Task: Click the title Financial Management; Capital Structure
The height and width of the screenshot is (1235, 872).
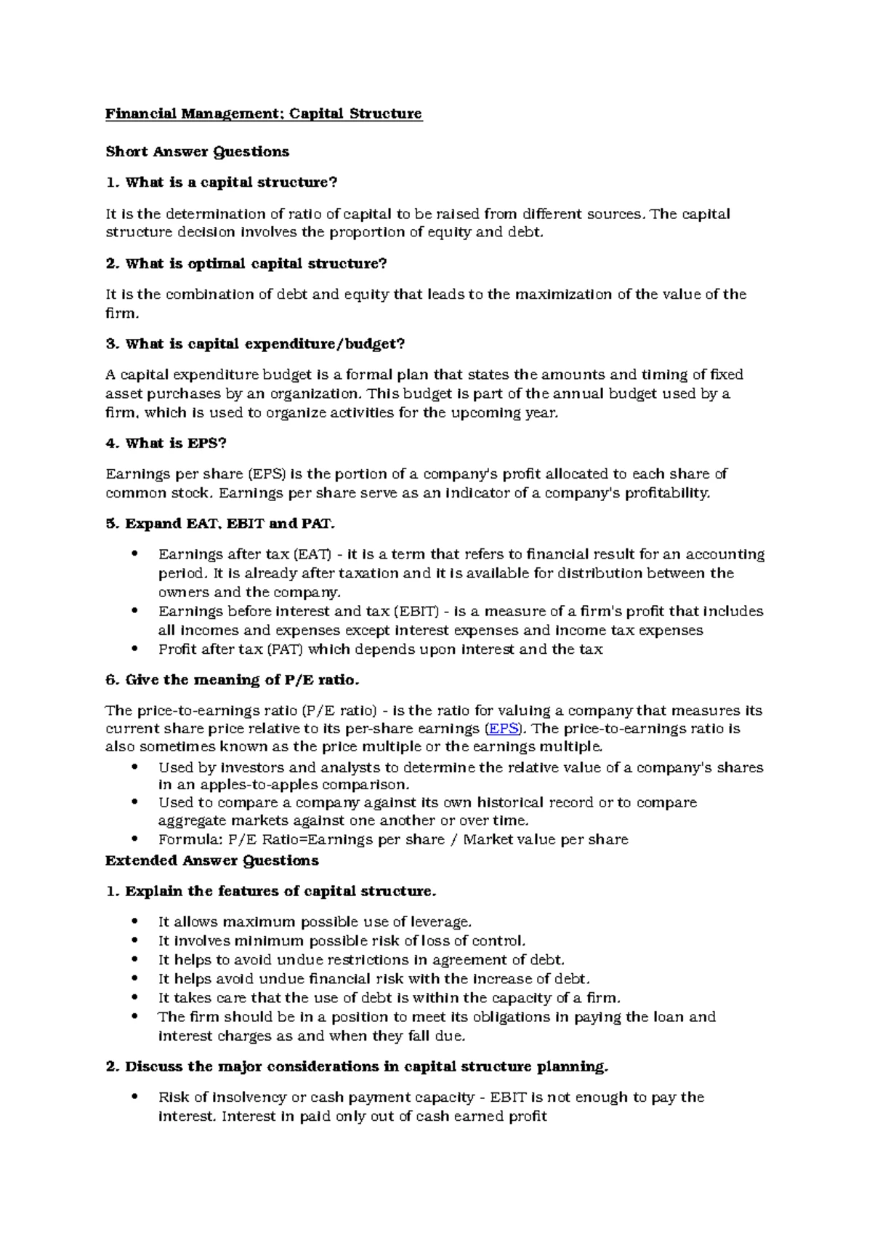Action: tap(263, 114)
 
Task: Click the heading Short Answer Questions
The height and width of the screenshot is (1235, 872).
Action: tap(197, 152)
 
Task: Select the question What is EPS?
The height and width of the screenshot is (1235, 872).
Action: tap(171, 443)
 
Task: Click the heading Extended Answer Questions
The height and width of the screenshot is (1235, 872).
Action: tap(211, 860)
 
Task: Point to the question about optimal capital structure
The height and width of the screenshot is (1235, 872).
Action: tap(246, 263)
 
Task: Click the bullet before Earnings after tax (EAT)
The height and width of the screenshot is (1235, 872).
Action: tap(133, 554)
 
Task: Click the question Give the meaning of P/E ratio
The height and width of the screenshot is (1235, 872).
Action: tap(233, 680)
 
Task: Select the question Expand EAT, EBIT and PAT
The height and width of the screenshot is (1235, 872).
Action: tap(221, 524)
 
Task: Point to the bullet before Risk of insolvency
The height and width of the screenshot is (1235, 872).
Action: tap(133, 1097)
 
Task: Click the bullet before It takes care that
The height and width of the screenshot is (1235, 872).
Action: tap(133, 998)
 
